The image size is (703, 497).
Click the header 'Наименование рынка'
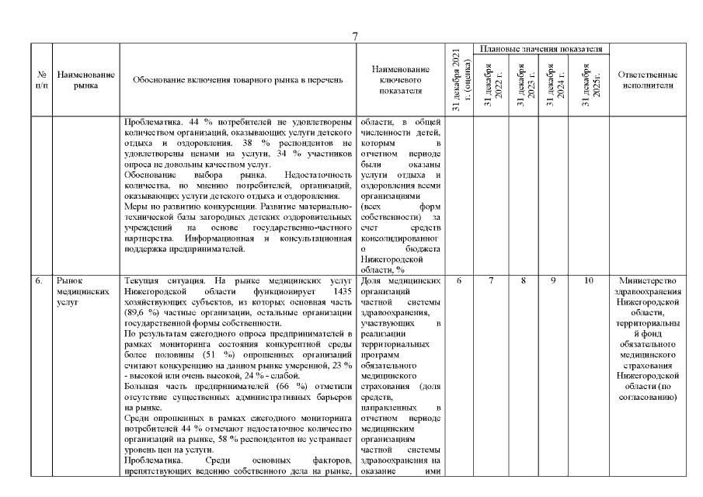tap(86, 80)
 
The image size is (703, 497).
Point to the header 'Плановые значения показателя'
tap(541, 49)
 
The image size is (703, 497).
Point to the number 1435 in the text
tap(337, 291)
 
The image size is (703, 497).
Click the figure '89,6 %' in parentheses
tap(141, 302)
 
